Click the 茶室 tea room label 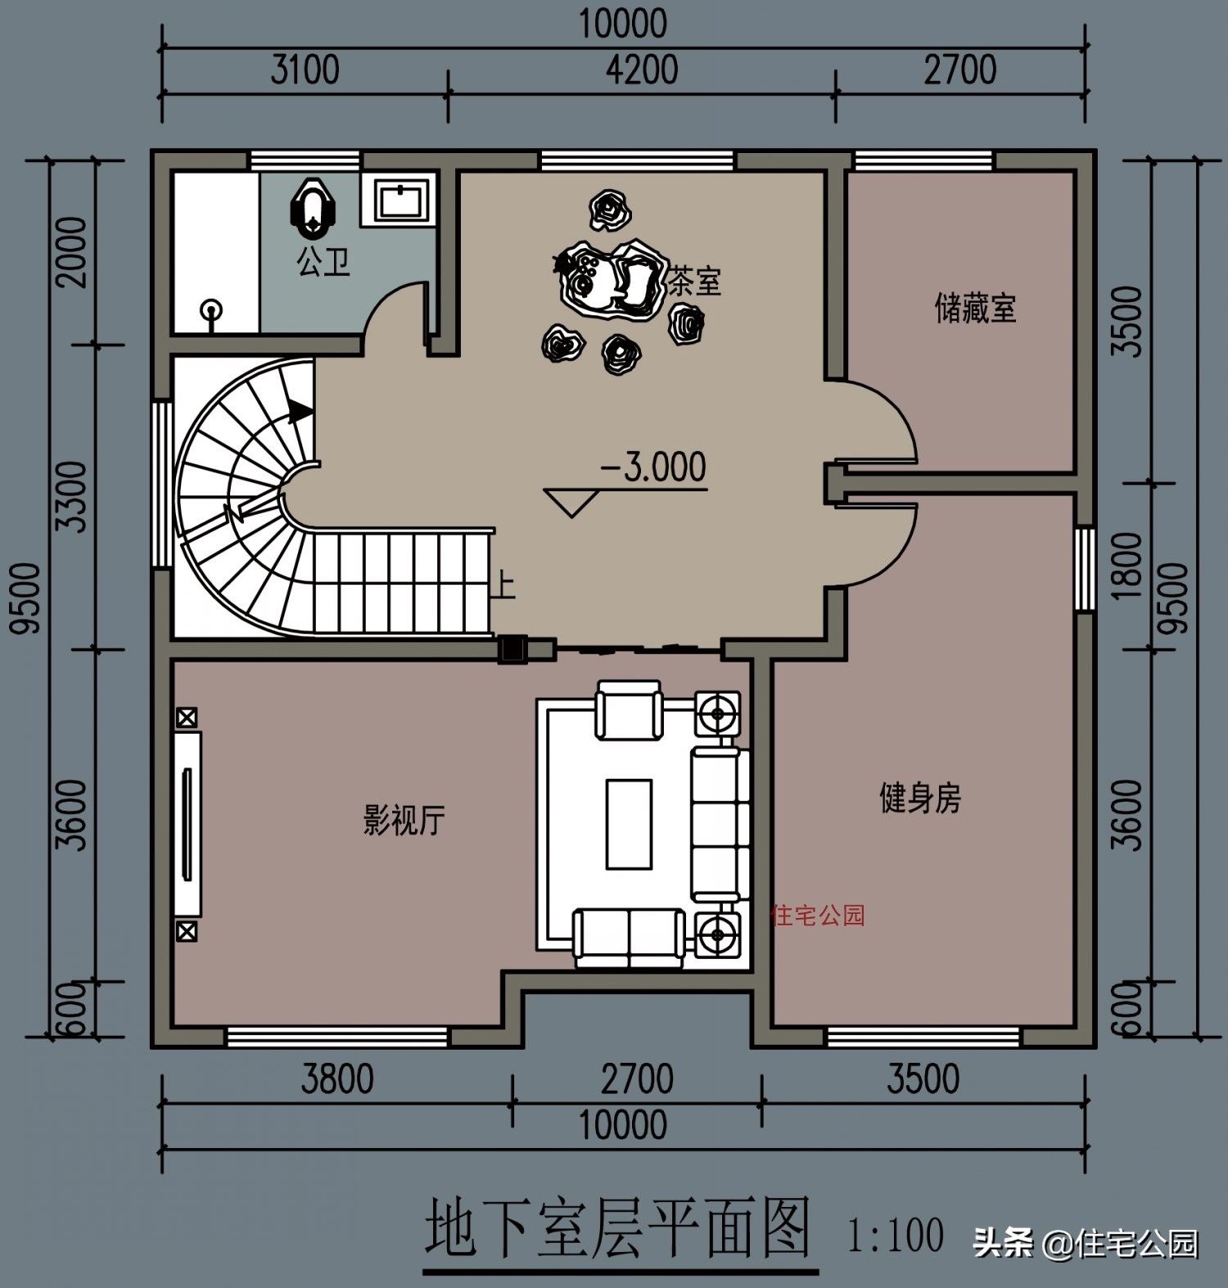(x=695, y=282)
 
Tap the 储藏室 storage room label (x=975, y=309)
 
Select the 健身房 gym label (x=919, y=798)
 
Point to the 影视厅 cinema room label (x=404, y=819)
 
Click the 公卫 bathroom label (x=323, y=262)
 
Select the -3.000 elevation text (x=653, y=468)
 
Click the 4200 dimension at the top (x=641, y=70)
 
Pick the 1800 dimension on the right (x=1128, y=565)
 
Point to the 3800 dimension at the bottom (x=336, y=1079)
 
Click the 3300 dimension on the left (x=72, y=496)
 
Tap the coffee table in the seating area (x=629, y=824)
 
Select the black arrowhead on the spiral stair (x=300, y=409)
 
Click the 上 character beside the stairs (x=503, y=586)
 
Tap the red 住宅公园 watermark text (x=817, y=915)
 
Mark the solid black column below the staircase (x=513, y=649)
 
